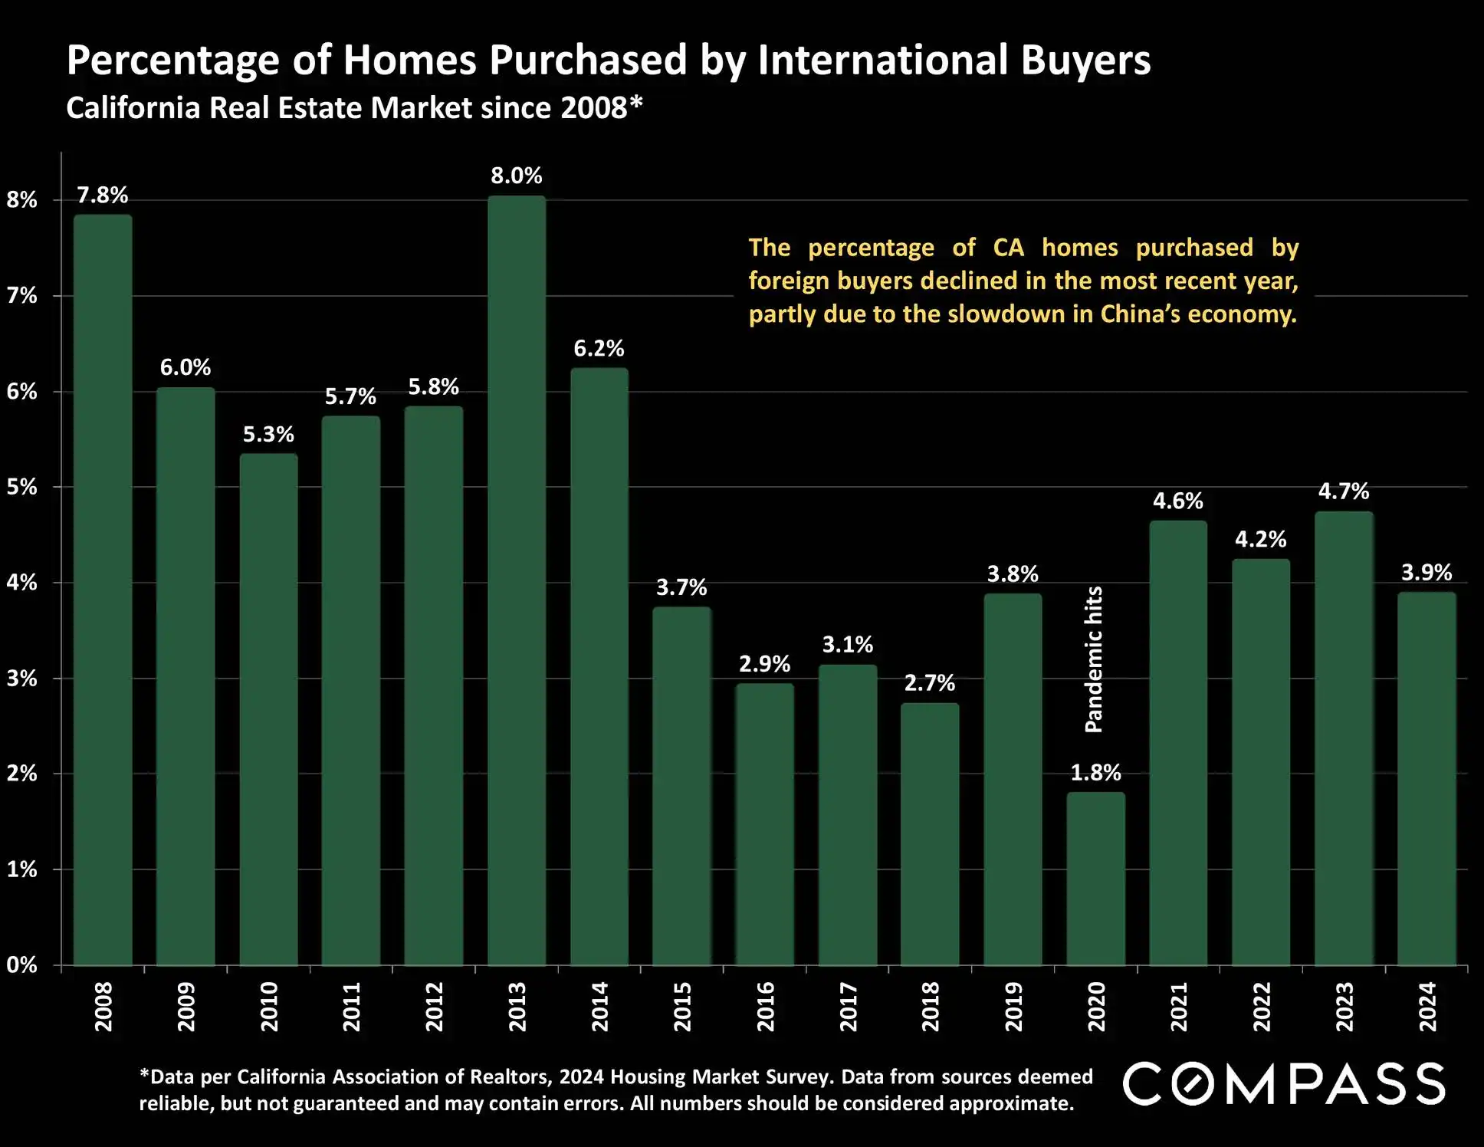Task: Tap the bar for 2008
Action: [x=103, y=590]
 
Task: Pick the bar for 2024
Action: [x=1426, y=778]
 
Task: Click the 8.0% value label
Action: [x=517, y=176]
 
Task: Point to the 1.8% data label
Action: [x=1095, y=772]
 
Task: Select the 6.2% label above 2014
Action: [x=599, y=348]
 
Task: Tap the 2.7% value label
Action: [x=929, y=682]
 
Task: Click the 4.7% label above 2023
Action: [x=1343, y=491]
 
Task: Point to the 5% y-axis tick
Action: [x=22, y=487]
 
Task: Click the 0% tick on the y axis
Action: [x=22, y=965]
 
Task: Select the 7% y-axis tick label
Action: [x=22, y=296]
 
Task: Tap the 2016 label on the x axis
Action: [x=765, y=1007]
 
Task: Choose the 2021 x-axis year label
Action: [x=1178, y=1007]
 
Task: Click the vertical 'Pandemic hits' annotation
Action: [x=1094, y=659]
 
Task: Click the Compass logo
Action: [x=1284, y=1083]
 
